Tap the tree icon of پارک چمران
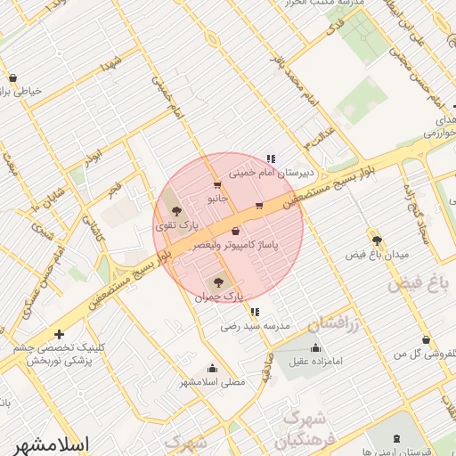[x=221, y=282]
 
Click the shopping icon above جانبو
[x=217, y=184]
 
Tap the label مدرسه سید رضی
[x=256, y=327]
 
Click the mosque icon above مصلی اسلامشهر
[x=212, y=368]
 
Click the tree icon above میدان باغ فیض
[x=377, y=240]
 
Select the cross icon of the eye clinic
[x=59, y=334]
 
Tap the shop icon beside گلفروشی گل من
[x=426, y=339]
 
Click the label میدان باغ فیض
[x=377, y=255]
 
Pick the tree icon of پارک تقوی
[x=176, y=211]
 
